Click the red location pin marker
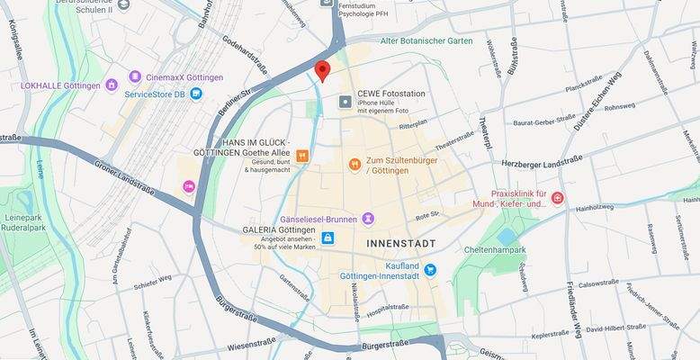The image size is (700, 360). point(321,70)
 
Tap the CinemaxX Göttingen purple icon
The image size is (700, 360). point(135,77)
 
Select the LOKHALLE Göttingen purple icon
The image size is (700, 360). point(112,85)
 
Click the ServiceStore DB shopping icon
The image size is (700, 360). point(195,94)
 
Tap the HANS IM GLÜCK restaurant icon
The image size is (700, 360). point(302,156)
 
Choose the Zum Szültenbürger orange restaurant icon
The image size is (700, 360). point(355,164)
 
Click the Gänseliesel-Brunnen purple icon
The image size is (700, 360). point(368,219)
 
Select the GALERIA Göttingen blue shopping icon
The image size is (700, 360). point(327,238)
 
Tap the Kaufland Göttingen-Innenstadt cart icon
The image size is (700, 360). point(430,269)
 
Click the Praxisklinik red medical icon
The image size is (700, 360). point(558,198)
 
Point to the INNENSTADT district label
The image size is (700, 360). point(401,244)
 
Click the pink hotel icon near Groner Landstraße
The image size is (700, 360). point(189,186)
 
